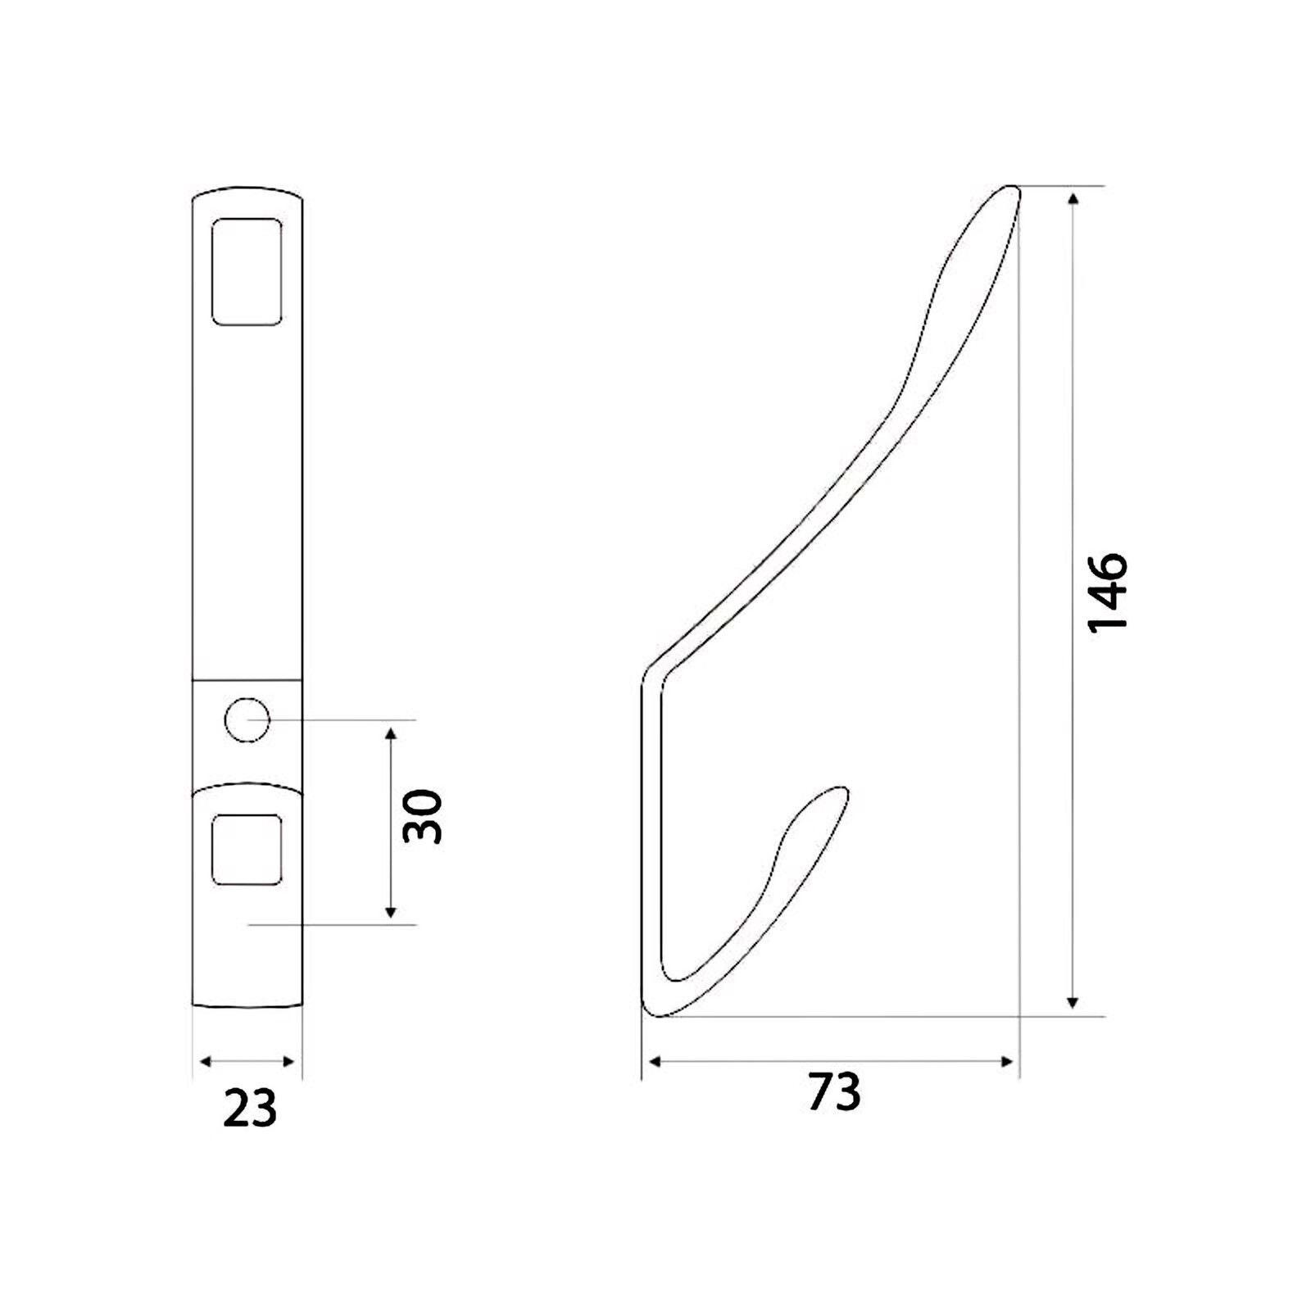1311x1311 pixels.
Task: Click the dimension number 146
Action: (1108, 592)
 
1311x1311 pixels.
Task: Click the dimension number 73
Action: (834, 1091)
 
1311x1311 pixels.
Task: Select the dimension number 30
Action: (423, 816)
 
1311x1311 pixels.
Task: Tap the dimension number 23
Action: (250, 1109)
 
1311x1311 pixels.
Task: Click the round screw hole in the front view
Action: (247, 720)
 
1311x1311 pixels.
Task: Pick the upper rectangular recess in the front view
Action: (247, 271)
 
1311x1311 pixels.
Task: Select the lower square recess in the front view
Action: (247, 849)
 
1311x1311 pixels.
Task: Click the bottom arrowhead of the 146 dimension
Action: (1073, 1002)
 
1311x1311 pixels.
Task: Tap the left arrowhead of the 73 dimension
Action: (655, 1062)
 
